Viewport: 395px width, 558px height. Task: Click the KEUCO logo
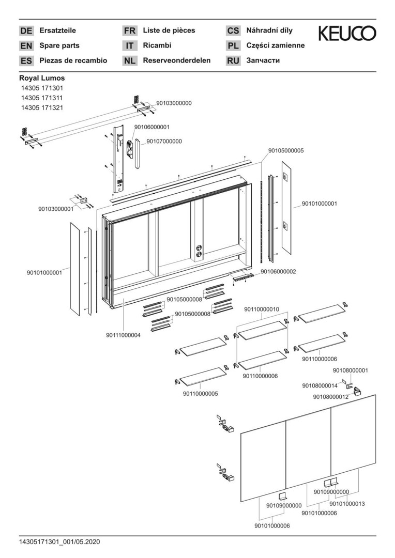click(x=347, y=34)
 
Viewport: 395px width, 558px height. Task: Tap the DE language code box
click(x=26, y=31)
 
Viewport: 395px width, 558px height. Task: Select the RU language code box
click(x=233, y=61)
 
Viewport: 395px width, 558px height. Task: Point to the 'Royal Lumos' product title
click(x=42, y=78)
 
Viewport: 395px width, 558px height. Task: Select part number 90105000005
click(x=286, y=151)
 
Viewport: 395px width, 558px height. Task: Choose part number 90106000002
click(x=278, y=271)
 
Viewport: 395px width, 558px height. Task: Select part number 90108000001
click(x=351, y=370)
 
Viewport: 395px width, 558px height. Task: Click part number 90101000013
click(x=347, y=504)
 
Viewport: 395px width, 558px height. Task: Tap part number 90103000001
click(x=56, y=209)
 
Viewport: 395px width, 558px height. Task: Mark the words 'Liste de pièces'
click(x=169, y=30)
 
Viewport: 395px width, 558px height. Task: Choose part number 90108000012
click(x=331, y=396)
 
